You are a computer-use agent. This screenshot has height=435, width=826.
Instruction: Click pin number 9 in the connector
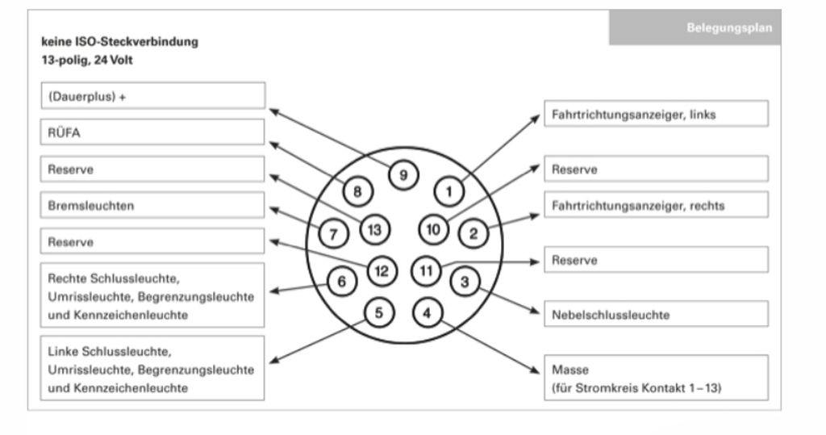(x=403, y=175)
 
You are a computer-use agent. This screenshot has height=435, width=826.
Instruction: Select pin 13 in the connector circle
(x=374, y=230)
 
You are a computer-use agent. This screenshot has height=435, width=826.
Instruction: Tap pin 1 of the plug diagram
(x=448, y=191)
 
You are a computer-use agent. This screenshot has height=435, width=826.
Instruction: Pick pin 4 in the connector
(x=427, y=312)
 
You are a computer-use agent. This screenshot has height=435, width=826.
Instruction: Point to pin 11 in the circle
(x=426, y=271)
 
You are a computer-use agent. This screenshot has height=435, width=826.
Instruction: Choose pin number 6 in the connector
(x=341, y=282)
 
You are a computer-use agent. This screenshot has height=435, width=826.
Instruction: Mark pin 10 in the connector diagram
(x=433, y=229)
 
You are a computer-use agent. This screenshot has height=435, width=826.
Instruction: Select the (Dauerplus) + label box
(x=152, y=96)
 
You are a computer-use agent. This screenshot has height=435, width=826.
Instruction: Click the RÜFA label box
(x=152, y=132)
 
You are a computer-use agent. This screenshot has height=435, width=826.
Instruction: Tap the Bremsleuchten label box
(x=152, y=205)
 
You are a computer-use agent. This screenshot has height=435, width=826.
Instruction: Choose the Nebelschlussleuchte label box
(x=656, y=314)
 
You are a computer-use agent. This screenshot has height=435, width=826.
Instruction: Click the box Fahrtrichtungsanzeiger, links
(x=656, y=114)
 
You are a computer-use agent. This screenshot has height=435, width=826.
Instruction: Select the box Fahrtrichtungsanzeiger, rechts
(x=656, y=205)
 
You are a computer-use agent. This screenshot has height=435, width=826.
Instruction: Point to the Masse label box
(x=656, y=378)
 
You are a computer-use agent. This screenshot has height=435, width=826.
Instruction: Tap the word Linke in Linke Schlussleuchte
(x=63, y=351)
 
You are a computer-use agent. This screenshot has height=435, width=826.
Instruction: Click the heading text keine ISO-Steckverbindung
(x=119, y=42)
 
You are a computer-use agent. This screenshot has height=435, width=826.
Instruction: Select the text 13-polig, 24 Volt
(x=87, y=60)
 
